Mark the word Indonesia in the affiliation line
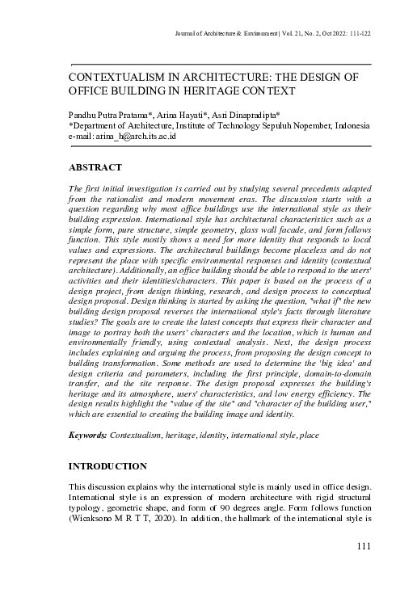350,127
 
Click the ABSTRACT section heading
95,167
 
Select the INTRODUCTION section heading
107,466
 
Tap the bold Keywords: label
88,435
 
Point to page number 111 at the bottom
364,547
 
